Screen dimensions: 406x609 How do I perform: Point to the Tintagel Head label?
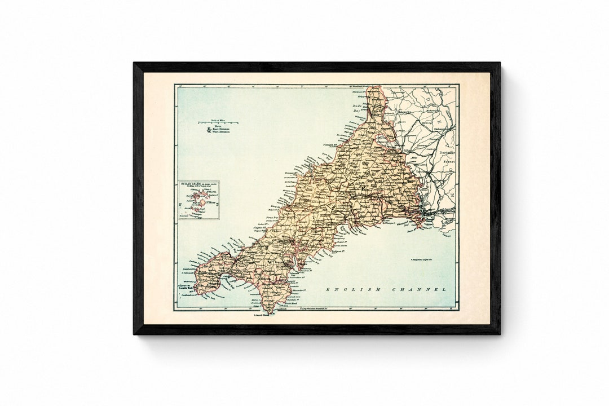329,152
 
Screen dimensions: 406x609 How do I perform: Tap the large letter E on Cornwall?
364,164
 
